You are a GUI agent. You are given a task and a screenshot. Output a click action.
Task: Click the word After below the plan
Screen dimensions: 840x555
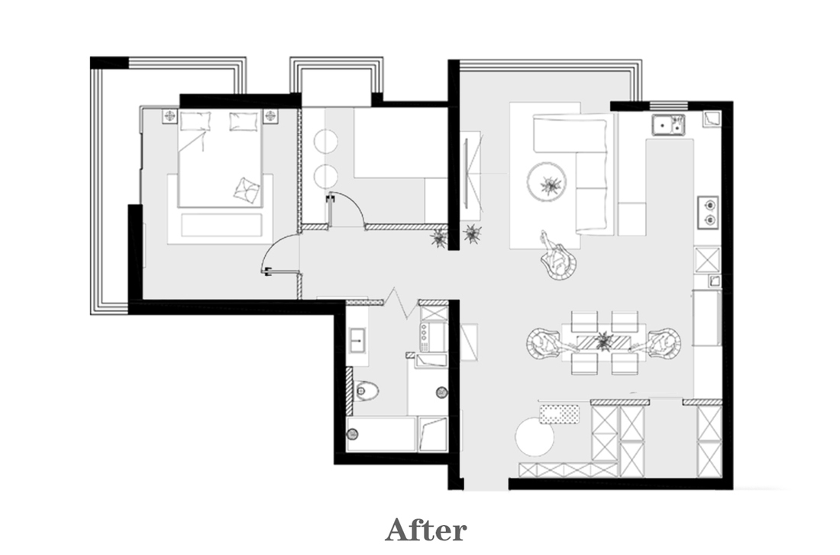coord(426,530)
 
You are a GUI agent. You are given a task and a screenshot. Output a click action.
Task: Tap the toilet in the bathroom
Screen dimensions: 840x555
coord(366,391)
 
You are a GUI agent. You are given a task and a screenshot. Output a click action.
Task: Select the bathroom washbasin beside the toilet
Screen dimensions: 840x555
coord(357,339)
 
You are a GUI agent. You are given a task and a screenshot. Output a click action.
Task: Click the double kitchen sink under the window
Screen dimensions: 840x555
coord(668,125)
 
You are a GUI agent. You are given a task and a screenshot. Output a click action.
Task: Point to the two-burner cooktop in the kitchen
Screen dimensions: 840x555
coord(708,212)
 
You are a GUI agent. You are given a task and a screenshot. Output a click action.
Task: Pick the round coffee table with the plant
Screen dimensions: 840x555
coord(547,182)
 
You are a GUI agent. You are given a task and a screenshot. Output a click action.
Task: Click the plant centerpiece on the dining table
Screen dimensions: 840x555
coord(604,341)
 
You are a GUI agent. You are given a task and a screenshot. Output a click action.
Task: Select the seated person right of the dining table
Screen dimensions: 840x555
coord(663,342)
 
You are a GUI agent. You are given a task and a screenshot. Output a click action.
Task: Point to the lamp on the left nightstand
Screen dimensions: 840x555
coord(170,115)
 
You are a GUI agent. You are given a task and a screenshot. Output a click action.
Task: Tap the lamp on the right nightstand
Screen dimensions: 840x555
coord(270,115)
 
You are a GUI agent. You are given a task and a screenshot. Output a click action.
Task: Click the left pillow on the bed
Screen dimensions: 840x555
coord(195,121)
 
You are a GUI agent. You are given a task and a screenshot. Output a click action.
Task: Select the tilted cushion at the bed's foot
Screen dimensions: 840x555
coord(247,190)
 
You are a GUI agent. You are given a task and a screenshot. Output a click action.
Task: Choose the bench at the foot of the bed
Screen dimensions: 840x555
coord(221,225)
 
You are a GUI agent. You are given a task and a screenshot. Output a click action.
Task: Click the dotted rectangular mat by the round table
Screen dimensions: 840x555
coord(559,414)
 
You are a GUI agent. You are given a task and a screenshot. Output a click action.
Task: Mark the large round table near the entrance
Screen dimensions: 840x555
coord(535,437)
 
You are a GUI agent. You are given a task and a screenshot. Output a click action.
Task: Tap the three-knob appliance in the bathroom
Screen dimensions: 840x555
coord(433,336)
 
